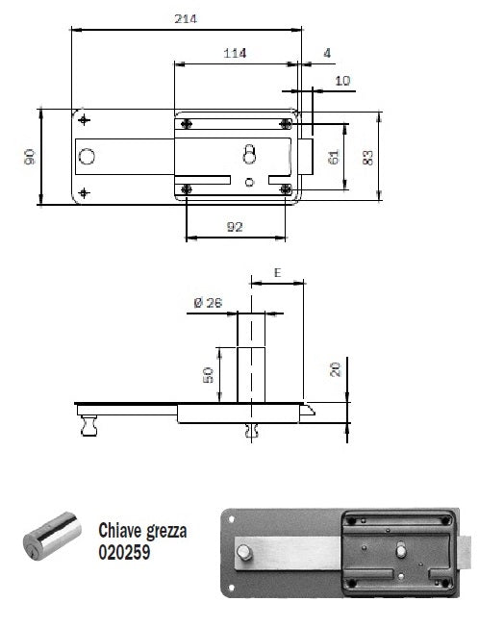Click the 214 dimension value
[x=186, y=19]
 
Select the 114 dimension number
[x=235, y=53]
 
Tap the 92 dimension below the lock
[x=235, y=227]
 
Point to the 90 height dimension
[x=30, y=157]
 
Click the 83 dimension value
[x=367, y=157]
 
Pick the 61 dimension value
[x=333, y=157]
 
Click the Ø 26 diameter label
[x=208, y=303]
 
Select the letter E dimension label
[x=277, y=273]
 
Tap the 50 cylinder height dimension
[x=209, y=375]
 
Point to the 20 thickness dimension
[x=336, y=369]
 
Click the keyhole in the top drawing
[x=250, y=154]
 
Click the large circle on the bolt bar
[x=87, y=157]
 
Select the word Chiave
[x=119, y=531]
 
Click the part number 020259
[x=124, y=552]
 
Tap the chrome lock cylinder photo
[x=52, y=536]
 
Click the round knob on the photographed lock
[x=244, y=553]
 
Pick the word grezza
[x=165, y=532]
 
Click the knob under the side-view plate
[x=89, y=426]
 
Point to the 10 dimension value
[x=342, y=81]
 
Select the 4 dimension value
[x=327, y=53]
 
